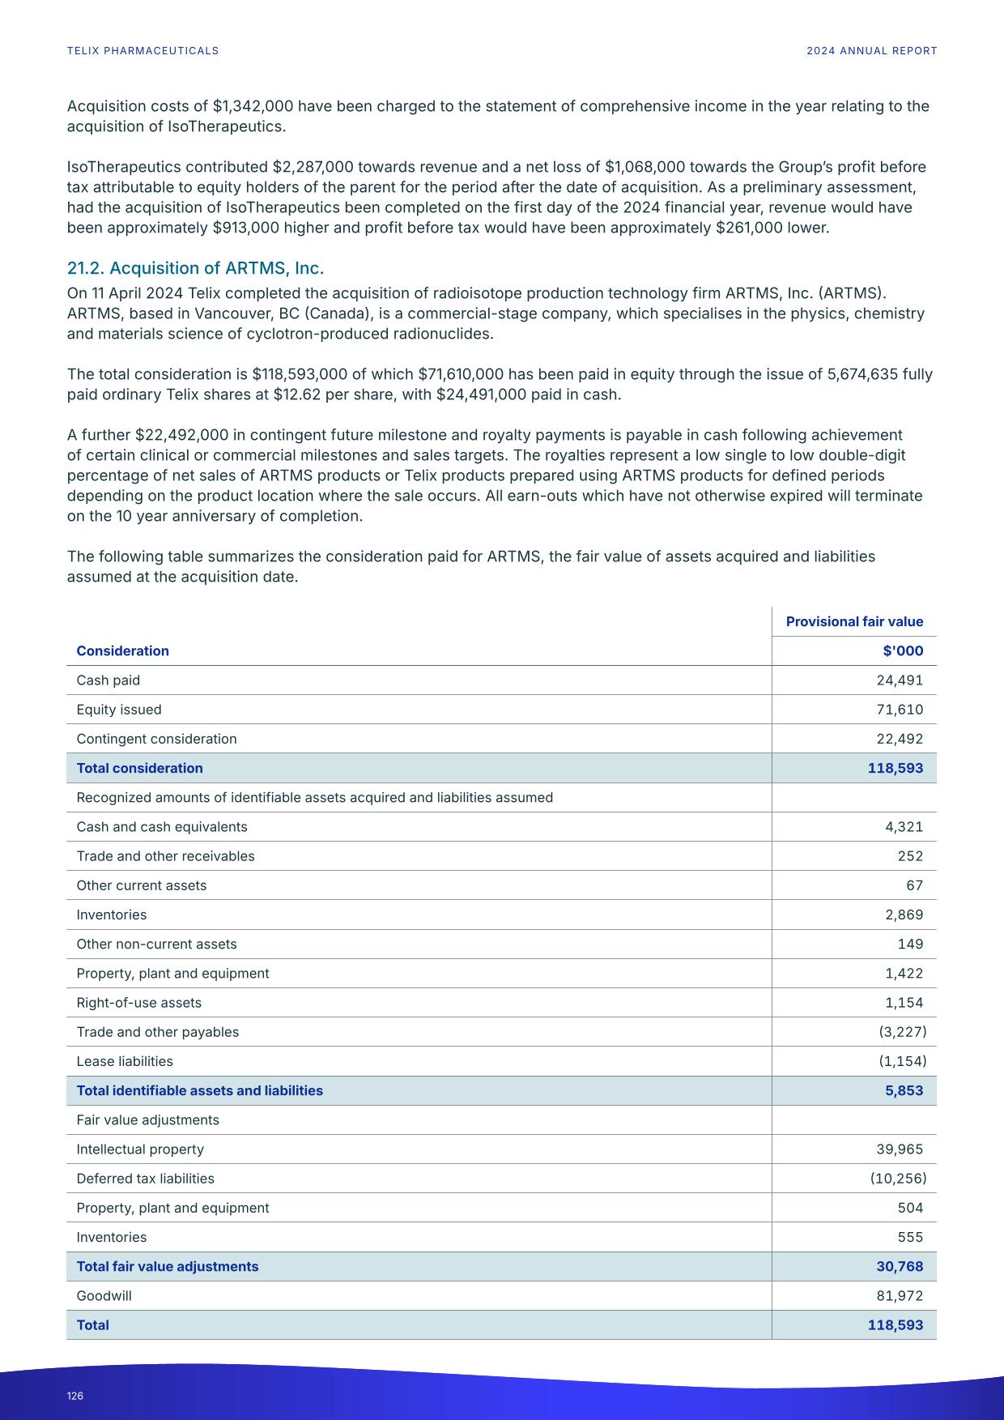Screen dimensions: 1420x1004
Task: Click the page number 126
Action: pyautogui.click(x=75, y=1396)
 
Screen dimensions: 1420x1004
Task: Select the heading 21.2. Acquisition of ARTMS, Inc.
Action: pyautogui.click(x=195, y=268)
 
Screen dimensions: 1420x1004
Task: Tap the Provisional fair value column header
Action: pyautogui.click(x=854, y=621)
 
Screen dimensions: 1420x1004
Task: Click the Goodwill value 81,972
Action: pyautogui.click(x=900, y=1295)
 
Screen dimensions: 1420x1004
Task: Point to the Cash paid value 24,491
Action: pyautogui.click(x=900, y=680)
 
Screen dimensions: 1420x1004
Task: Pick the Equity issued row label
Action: pyautogui.click(x=119, y=710)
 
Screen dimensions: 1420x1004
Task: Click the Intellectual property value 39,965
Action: pyautogui.click(x=900, y=1149)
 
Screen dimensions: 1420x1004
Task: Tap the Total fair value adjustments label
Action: pyautogui.click(x=168, y=1266)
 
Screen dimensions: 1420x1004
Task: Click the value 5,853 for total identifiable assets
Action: pyautogui.click(x=904, y=1090)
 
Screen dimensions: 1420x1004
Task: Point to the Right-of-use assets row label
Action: pyautogui.click(x=139, y=1003)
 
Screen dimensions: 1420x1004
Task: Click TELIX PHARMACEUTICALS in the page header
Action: pyautogui.click(x=143, y=51)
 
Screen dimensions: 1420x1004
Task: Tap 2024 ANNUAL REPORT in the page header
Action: pyautogui.click(x=871, y=51)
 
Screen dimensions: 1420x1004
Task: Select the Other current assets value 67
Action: pyautogui.click(x=914, y=885)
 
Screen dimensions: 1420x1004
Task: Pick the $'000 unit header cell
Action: pyautogui.click(x=904, y=651)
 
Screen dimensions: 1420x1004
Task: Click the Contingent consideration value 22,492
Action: pyautogui.click(x=900, y=739)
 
